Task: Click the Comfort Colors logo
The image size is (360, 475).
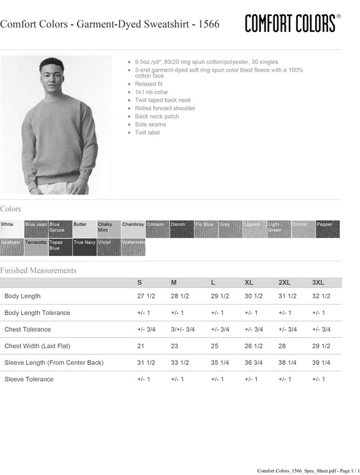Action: (x=291, y=24)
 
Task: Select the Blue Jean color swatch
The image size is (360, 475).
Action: (x=36, y=229)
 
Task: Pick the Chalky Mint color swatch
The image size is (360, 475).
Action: (x=109, y=229)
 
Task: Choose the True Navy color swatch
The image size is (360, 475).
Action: (x=85, y=247)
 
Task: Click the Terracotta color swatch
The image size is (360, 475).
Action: (x=36, y=247)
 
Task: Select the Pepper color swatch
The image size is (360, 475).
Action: (x=327, y=229)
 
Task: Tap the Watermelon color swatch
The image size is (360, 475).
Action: (x=133, y=247)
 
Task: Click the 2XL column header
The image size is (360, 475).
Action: (x=284, y=282)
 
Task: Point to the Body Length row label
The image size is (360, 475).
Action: (x=22, y=296)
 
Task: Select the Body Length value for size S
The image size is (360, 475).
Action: (x=146, y=296)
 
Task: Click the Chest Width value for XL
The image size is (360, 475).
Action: (x=254, y=346)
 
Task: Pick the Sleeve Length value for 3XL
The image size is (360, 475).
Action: (x=321, y=362)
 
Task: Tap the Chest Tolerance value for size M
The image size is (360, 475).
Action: (x=183, y=329)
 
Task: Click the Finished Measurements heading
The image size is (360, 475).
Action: (x=38, y=270)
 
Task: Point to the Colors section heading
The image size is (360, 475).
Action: (x=11, y=209)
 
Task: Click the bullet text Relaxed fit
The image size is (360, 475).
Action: (x=149, y=84)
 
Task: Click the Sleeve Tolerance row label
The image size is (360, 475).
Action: (x=29, y=379)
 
